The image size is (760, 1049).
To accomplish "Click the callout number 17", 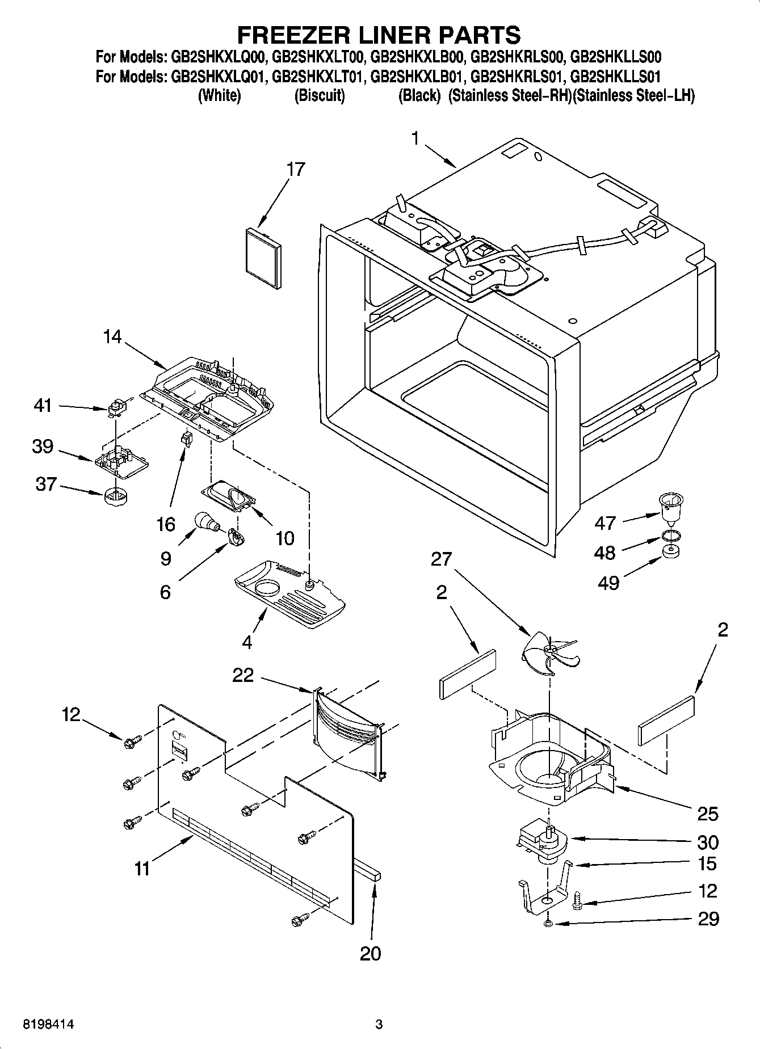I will (296, 169).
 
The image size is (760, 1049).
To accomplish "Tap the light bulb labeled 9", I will (206, 521).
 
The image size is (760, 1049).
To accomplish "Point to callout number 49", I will (609, 583).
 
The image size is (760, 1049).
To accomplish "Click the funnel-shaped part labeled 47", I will (670, 507).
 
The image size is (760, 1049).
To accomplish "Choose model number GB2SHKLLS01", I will (615, 76).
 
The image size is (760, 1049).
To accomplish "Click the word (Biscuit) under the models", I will (320, 95).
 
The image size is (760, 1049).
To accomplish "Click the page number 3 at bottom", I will (379, 1025).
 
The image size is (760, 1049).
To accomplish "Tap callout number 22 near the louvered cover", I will (243, 675).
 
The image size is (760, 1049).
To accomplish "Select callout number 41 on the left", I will (43, 406).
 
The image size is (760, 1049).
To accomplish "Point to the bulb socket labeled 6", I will (236, 536).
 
